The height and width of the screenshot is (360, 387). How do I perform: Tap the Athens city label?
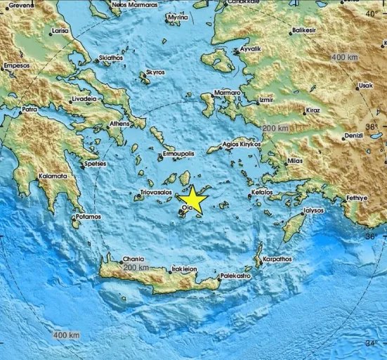coord(119,124)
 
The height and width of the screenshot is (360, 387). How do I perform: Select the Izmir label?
coord(266,101)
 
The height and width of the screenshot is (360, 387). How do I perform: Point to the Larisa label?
coord(60,32)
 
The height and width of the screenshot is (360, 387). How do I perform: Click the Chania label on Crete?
coord(112,258)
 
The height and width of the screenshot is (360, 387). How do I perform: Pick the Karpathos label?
coord(276,259)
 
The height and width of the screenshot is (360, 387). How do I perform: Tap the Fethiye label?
coord(356,198)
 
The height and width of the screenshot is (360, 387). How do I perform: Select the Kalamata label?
coord(53,176)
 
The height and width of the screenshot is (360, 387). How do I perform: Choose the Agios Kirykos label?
coord(242,144)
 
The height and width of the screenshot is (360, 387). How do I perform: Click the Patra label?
coord(29,110)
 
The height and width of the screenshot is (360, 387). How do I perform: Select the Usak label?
coord(366,86)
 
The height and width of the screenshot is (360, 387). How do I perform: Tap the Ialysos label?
coord(313,210)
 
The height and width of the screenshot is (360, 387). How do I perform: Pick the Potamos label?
coord(88,217)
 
